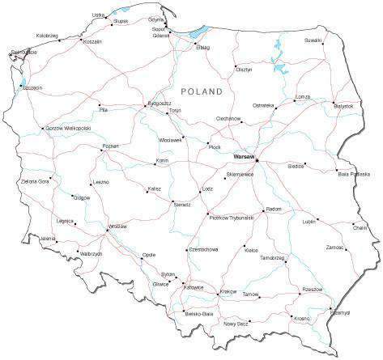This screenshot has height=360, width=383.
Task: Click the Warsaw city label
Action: click(x=243, y=155)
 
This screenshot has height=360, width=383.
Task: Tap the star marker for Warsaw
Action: click(x=257, y=160)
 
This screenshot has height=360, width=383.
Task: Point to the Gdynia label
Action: click(x=157, y=19)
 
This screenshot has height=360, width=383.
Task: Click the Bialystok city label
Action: click(x=343, y=106)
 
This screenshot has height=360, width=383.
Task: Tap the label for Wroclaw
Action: click(x=117, y=226)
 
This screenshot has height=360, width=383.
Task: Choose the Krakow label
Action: click(x=228, y=290)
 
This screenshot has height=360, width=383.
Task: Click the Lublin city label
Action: click(x=308, y=221)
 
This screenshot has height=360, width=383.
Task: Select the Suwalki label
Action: click(x=313, y=40)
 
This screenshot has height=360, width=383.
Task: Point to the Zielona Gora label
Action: click(x=35, y=181)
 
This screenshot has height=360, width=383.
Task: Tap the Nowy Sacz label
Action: click(x=236, y=324)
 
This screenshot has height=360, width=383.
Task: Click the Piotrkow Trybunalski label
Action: click(x=231, y=217)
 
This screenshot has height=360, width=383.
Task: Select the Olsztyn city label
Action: click(x=244, y=70)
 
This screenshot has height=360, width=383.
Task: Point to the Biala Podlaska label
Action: click(x=353, y=174)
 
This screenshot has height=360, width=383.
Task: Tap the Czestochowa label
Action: click(x=202, y=249)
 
